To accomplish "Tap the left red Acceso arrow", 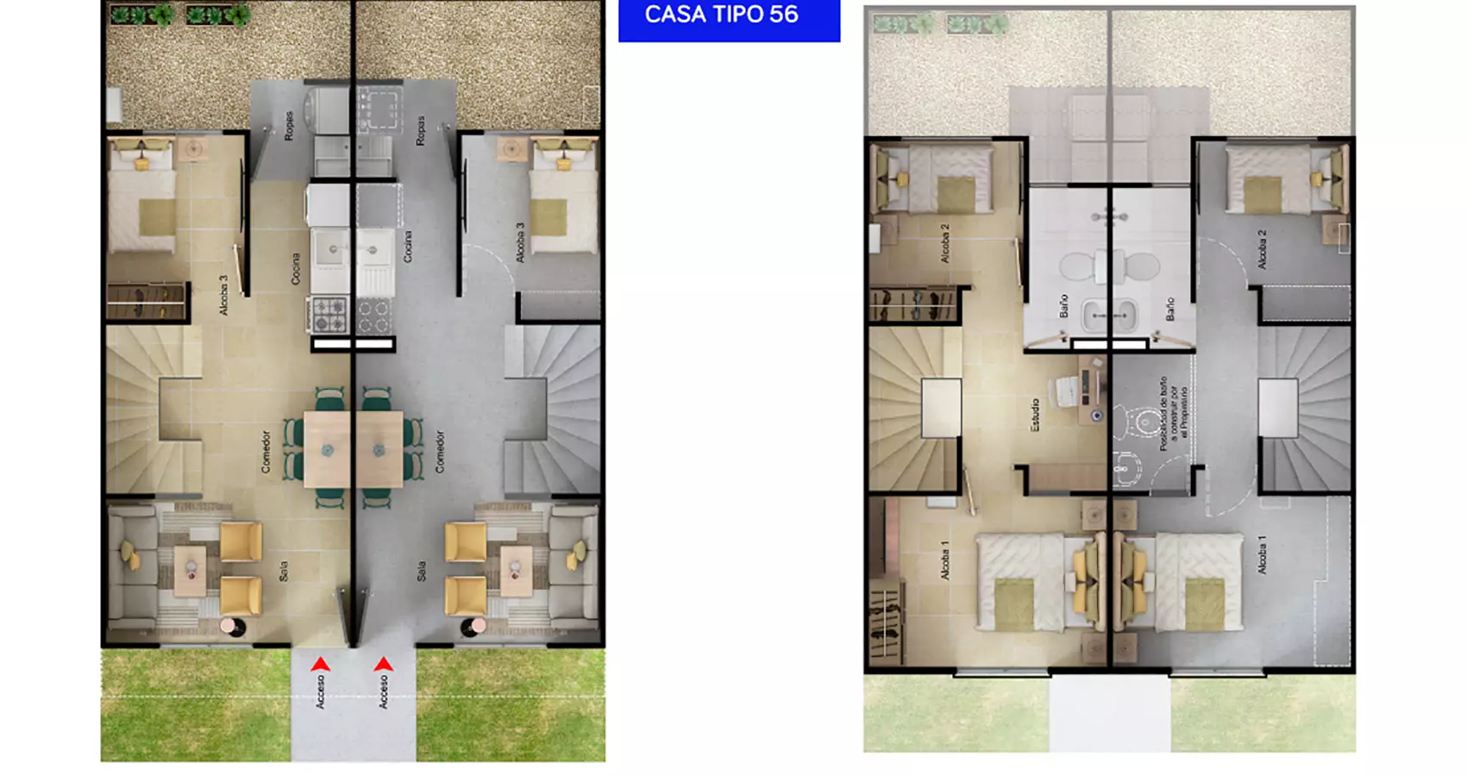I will [320, 665].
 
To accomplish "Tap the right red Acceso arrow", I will [384, 665].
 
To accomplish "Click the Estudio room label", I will [1035, 415].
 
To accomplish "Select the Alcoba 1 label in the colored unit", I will [945, 560].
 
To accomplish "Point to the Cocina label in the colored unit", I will [296, 269].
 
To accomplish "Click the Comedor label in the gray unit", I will [440, 452].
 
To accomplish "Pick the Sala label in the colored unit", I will [283, 571].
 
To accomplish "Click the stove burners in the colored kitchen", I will [329, 315].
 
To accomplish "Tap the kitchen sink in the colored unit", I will [330, 250].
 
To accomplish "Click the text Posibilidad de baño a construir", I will [1173, 414].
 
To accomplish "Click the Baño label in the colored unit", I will [1063, 306].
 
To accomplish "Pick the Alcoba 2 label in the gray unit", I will [1262, 249].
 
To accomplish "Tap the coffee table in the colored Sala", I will [191, 570].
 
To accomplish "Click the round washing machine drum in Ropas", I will [329, 109].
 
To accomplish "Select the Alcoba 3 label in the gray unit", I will [520, 243].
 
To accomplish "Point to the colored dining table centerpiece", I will [328, 450].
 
